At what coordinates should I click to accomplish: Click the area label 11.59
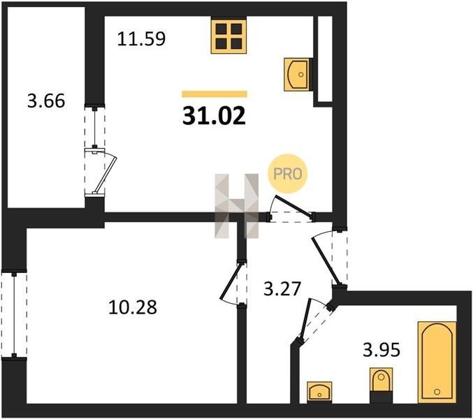coord(141,39)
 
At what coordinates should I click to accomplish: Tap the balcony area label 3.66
coord(46,101)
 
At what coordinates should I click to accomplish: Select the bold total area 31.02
coord(214,116)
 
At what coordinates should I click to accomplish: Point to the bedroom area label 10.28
coord(133,307)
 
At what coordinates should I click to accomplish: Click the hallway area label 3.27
coord(282,288)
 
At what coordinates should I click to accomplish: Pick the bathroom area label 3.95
coord(381,350)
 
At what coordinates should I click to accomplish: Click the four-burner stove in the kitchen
coord(229,36)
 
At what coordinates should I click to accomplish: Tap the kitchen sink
coord(296,74)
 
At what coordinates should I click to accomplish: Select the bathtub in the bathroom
coord(437,362)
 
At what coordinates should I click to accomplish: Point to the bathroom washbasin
coord(319,392)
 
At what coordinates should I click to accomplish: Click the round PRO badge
coord(287,174)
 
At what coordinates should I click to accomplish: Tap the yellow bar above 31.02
coord(214,94)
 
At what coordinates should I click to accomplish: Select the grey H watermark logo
coord(236,206)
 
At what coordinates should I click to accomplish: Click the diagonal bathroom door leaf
coord(304,320)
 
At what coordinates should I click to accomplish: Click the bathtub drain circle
coord(437,392)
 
